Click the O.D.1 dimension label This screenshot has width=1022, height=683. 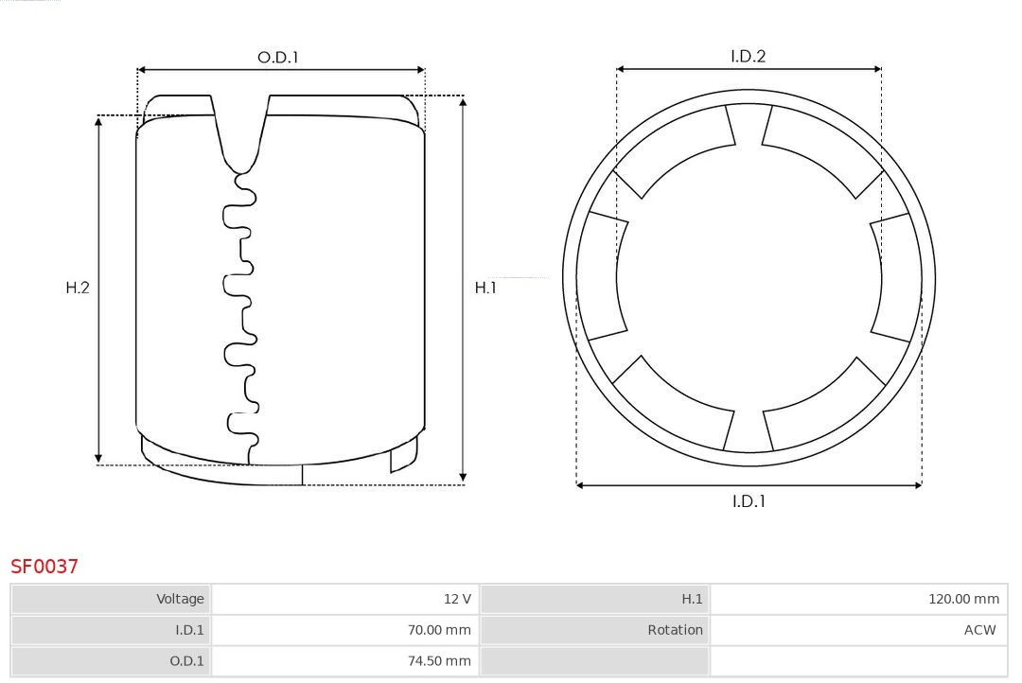point(277,57)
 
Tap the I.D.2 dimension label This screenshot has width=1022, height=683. point(748,56)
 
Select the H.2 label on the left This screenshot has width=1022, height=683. point(77,288)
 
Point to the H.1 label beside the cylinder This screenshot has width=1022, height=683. point(485,288)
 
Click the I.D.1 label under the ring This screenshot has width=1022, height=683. point(749,501)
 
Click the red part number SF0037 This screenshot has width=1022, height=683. point(44,567)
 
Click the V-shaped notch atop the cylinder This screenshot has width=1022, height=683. point(240,132)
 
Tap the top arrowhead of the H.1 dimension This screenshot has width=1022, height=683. point(463,100)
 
